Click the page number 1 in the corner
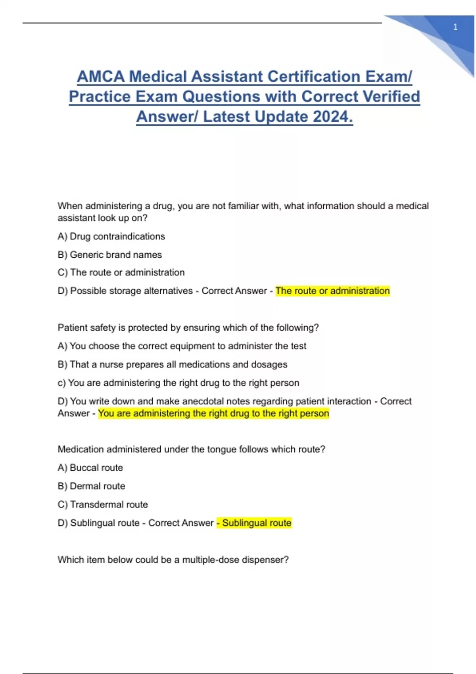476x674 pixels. [455, 27]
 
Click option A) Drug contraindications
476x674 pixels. [111, 236]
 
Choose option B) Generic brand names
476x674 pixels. [109, 255]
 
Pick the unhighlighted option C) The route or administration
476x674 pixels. [121, 272]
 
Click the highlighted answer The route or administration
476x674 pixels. [332, 291]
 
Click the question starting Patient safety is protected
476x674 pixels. [188, 327]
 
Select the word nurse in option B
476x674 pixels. [109, 364]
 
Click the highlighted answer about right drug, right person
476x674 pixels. [213, 413]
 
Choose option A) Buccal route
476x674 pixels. [90, 468]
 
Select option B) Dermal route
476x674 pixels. [91, 486]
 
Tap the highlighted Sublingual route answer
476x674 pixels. [256, 523]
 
